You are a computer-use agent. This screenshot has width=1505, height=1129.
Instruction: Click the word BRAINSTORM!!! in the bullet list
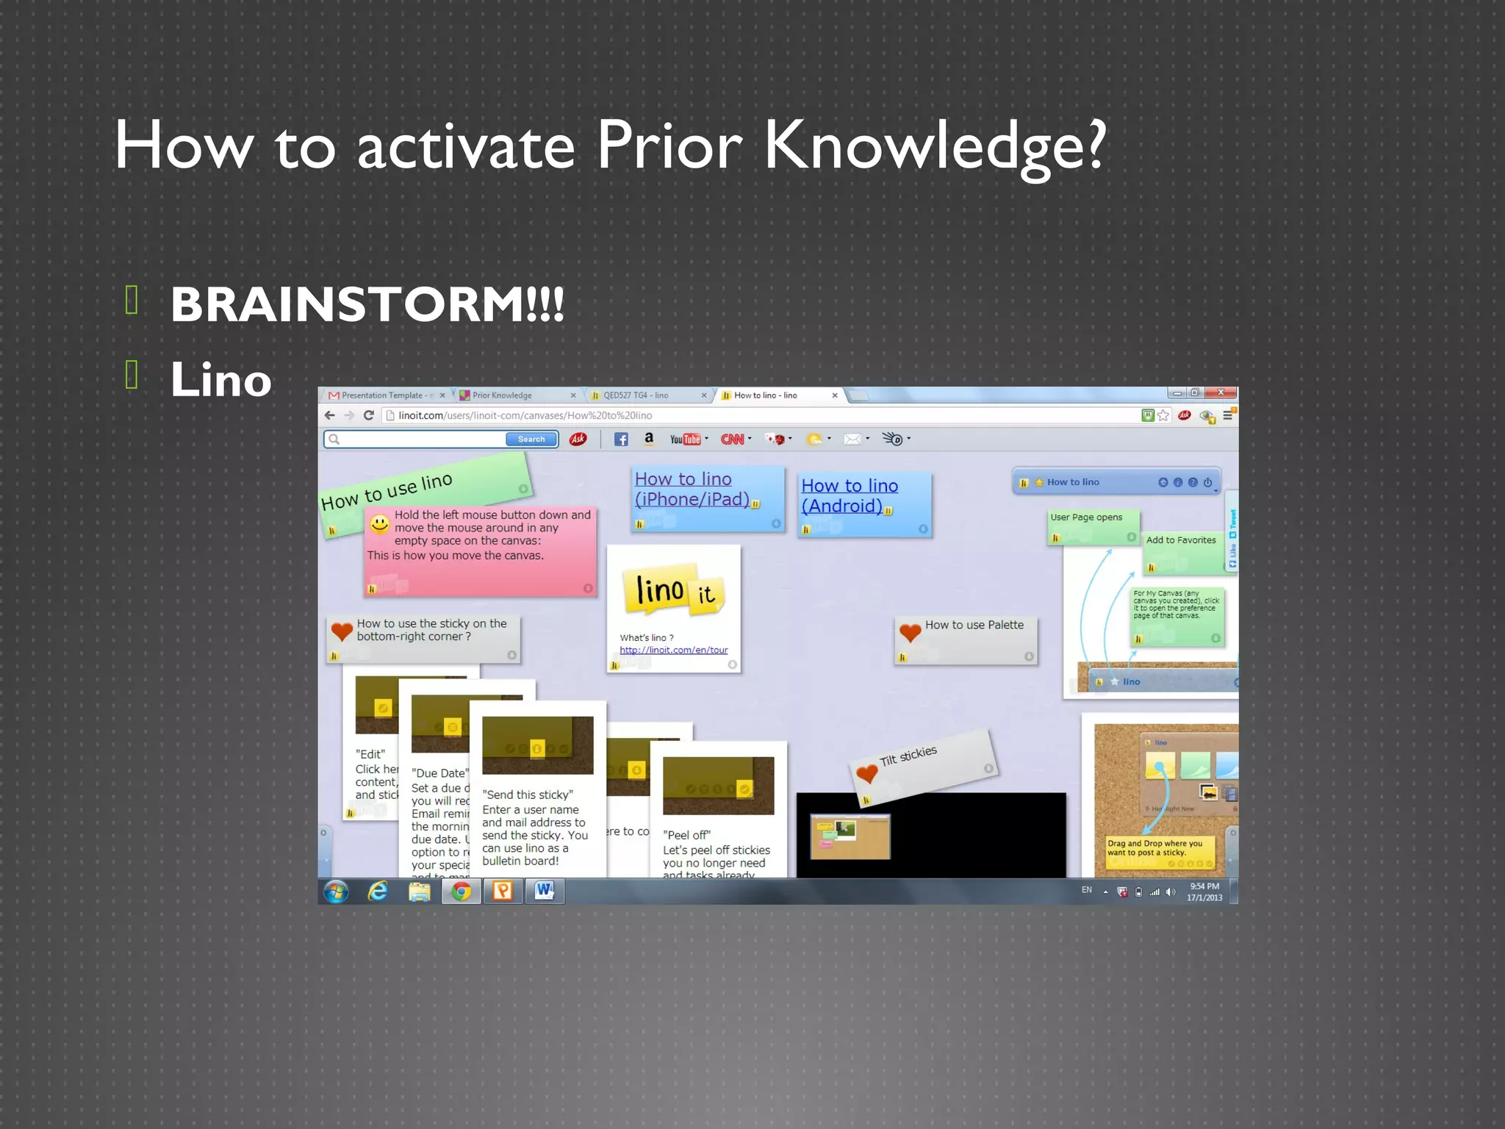coord(367,304)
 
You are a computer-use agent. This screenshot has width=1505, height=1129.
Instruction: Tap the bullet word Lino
coord(221,380)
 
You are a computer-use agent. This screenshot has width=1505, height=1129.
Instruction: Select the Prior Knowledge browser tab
coord(502,395)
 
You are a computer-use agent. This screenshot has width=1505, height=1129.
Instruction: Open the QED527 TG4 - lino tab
coord(636,395)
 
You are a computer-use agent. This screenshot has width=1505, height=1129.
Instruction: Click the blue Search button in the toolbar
coord(531,440)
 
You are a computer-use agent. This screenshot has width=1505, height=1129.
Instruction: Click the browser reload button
coord(369,415)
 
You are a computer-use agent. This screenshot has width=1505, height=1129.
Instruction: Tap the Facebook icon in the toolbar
coord(621,440)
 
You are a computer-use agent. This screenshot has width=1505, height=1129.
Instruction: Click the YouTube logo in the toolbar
coord(685,440)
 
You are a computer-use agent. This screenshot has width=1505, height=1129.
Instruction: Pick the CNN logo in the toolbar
coord(732,440)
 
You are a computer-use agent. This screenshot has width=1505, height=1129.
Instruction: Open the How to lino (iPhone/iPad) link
coord(692,490)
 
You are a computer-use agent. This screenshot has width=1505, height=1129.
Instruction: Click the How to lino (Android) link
coord(849,496)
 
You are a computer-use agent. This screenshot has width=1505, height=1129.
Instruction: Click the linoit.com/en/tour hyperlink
coord(673,650)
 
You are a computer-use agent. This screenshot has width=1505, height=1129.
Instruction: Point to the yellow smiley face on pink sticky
coord(379,524)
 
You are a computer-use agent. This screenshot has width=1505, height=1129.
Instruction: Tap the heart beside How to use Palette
coord(910,631)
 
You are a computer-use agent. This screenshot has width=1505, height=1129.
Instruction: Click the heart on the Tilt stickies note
coord(867,773)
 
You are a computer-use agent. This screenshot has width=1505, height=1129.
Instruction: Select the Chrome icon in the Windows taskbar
coord(461,892)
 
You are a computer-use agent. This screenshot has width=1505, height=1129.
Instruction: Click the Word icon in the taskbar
coord(545,891)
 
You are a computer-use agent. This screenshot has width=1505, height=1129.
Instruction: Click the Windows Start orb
coord(337,892)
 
